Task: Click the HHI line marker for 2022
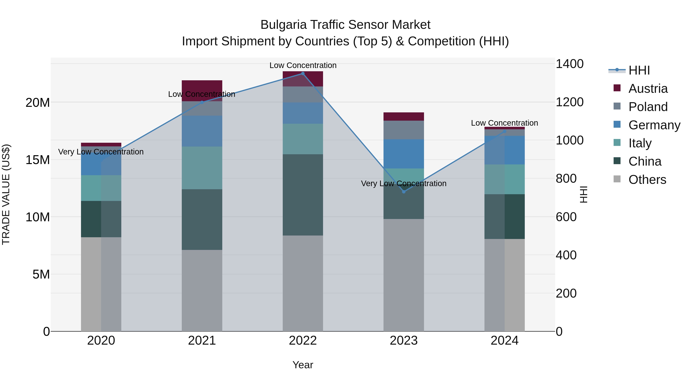pyautogui.click(x=303, y=74)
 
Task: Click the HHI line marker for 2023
pyautogui.click(x=404, y=192)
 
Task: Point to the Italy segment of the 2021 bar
pyautogui.click(x=202, y=168)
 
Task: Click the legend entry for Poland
pyautogui.click(x=648, y=107)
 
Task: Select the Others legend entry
pyautogui.click(x=647, y=180)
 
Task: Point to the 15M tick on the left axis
pyautogui.click(x=38, y=160)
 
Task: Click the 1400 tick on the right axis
pyautogui.click(x=569, y=64)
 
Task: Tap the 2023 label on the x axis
pyautogui.click(x=404, y=341)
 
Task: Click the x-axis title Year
pyautogui.click(x=303, y=365)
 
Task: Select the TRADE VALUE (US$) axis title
pyautogui.click(x=6, y=194)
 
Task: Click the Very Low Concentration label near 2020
pyautogui.click(x=101, y=152)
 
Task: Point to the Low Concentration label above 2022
pyautogui.click(x=303, y=65)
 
